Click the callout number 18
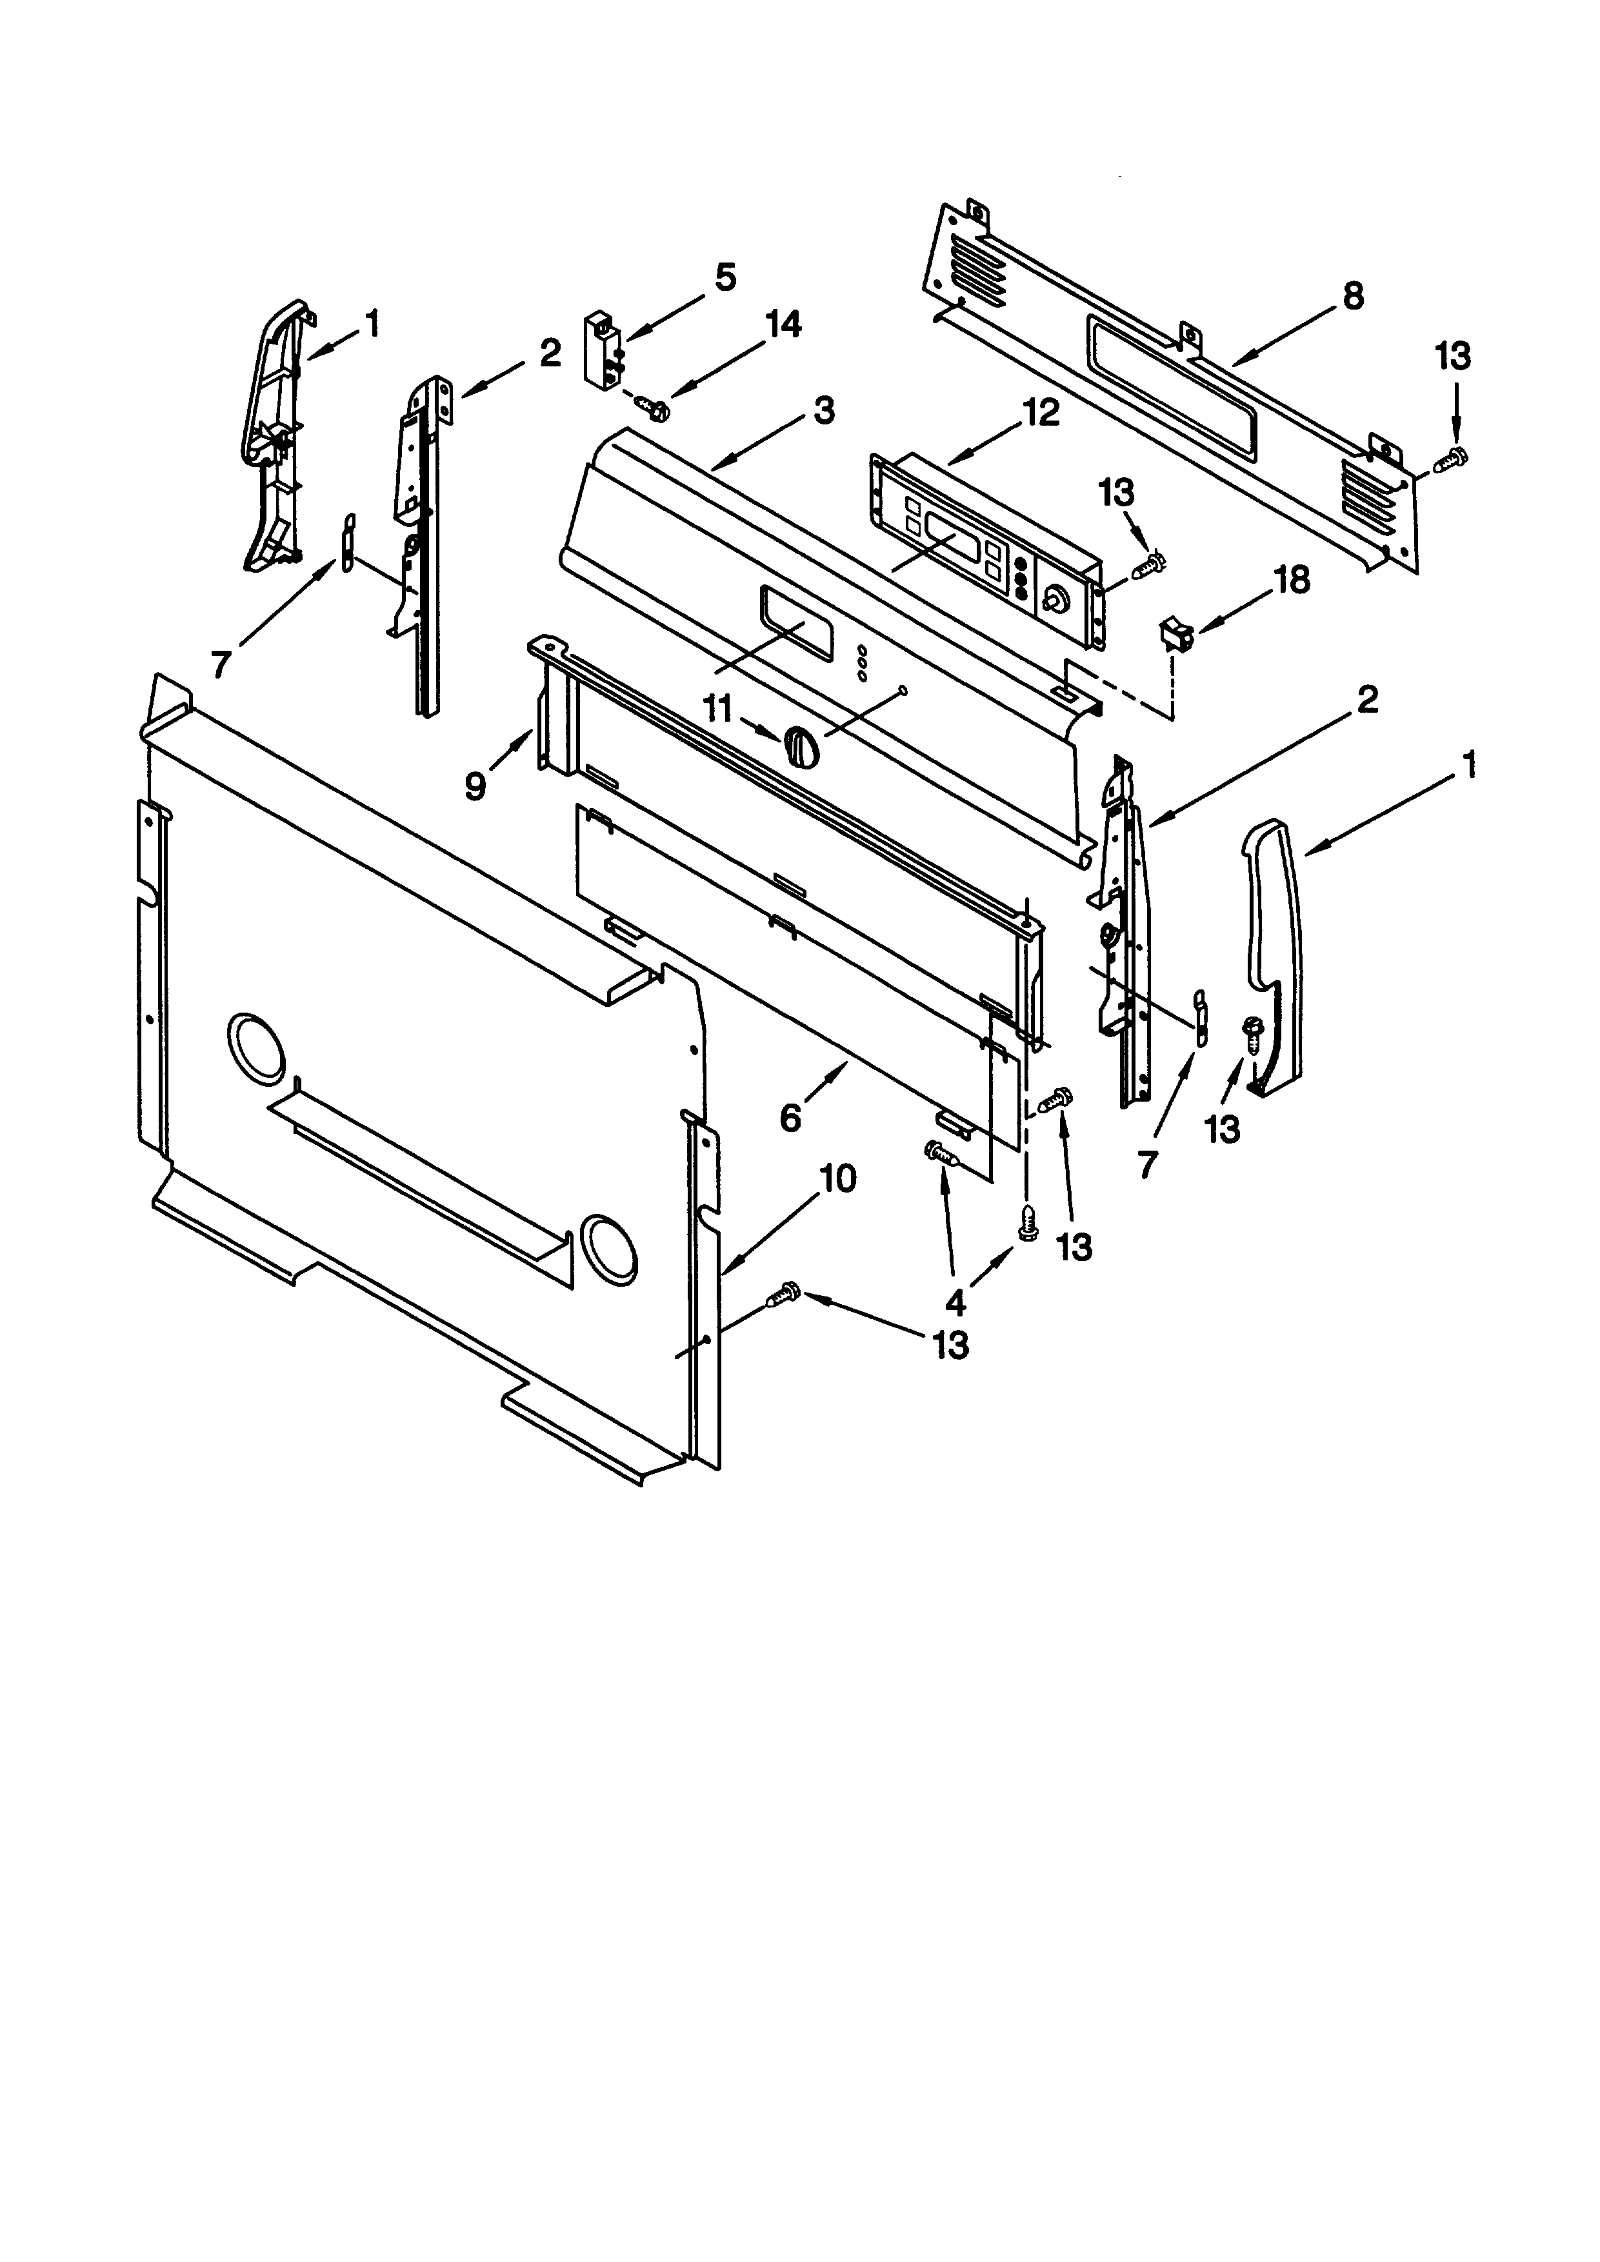coord(1292,580)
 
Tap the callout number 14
coord(783,324)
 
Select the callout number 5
coord(725,278)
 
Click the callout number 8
coord(1354,295)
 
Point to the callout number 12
coord(1041,412)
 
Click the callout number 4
coord(955,1302)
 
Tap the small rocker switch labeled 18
coord(1174,631)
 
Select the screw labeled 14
coord(651,405)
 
